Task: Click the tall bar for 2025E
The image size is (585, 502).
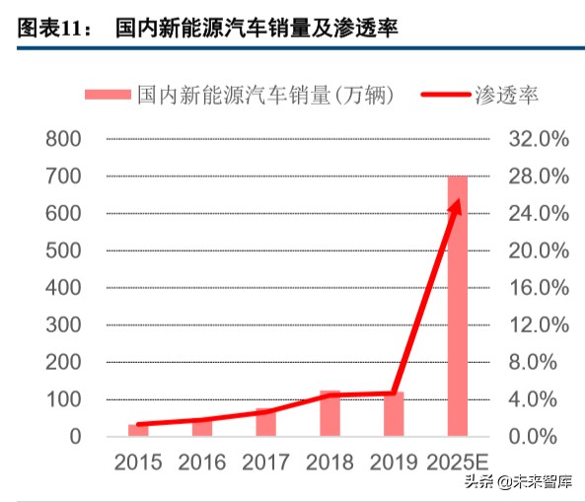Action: coord(458,306)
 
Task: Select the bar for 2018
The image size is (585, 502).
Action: coord(329,413)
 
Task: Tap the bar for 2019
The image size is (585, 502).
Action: coord(394,413)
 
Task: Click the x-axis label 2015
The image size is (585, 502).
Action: coord(138,462)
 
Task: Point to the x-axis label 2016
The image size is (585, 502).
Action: coord(201,462)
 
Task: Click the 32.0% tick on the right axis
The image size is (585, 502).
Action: coord(539,139)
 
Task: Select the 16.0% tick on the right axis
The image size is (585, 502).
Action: coord(539,288)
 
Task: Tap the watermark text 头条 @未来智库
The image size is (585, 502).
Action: coord(518,482)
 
